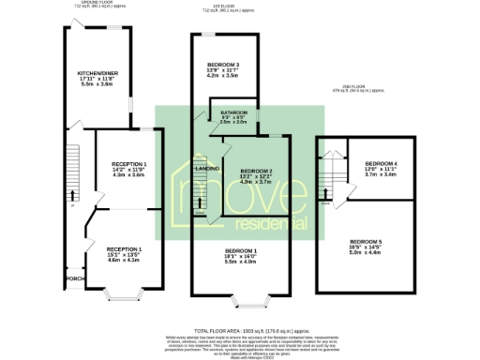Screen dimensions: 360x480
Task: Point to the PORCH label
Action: click(75, 279)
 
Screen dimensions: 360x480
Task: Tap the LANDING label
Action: click(207, 168)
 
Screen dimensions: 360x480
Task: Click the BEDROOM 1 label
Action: click(241, 251)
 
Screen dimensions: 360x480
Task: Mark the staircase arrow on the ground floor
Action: click(71, 196)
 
